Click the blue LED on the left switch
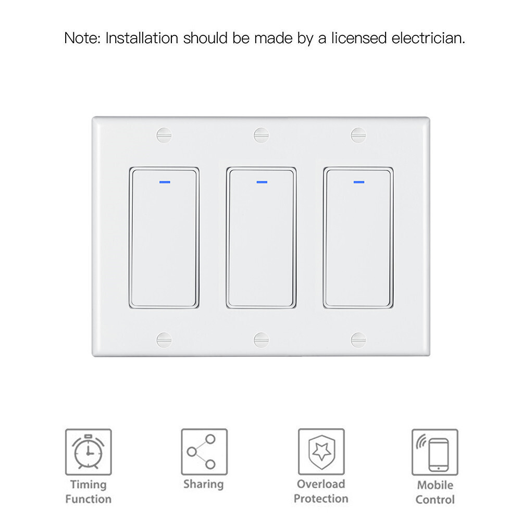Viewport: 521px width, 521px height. click(x=165, y=182)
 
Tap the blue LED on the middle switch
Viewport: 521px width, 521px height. click(x=262, y=182)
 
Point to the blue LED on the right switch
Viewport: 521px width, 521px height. click(x=359, y=182)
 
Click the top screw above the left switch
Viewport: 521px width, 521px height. click(x=164, y=135)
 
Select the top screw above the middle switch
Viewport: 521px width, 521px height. click(x=261, y=135)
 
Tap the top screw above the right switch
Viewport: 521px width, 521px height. click(x=358, y=135)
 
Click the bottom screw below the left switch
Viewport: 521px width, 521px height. click(x=164, y=340)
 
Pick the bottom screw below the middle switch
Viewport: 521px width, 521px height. click(x=261, y=340)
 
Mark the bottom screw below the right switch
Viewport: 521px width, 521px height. click(x=358, y=340)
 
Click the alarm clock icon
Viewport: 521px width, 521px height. click(x=89, y=452)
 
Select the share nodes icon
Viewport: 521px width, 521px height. click(x=204, y=452)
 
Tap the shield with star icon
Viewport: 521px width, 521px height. click(x=321, y=452)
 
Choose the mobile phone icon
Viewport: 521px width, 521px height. click(x=435, y=452)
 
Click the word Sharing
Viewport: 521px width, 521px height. click(x=204, y=484)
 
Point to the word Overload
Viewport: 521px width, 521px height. click(x=321, y=484)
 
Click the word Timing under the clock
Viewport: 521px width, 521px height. click(x=89, y=485)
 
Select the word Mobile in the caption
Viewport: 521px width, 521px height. click(x=435, y=485)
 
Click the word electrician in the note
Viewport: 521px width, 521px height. click(x=428, y=38)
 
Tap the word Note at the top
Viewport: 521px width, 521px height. click(x=82, y=38)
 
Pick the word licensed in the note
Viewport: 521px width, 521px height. click(x=359, y=38)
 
